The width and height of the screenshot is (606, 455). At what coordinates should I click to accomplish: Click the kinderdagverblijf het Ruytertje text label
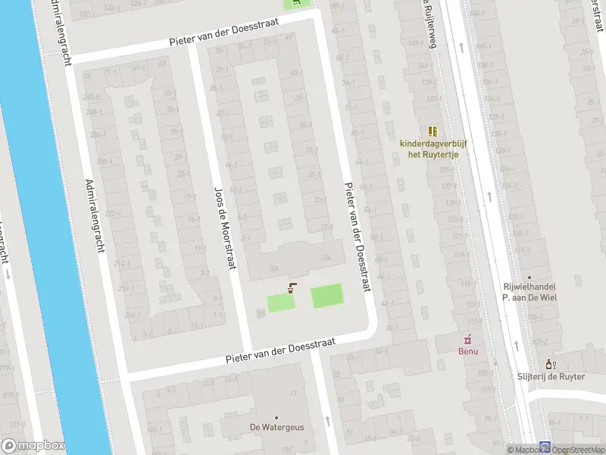click(433, 149)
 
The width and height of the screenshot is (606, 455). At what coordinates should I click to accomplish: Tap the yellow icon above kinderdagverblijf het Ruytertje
click(433, 130)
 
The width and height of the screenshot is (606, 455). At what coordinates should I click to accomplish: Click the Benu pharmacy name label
click(468, 351)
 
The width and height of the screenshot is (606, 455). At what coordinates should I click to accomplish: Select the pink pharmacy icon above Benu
click(468, 337)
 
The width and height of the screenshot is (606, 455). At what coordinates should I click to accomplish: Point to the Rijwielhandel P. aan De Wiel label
click(529, 293)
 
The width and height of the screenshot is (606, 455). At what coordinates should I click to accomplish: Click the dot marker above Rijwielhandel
click(529, 278)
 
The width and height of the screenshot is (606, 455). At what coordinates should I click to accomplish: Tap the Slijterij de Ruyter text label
click(551, 377)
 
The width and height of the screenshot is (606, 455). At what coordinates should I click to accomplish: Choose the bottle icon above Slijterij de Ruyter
click(551, 364)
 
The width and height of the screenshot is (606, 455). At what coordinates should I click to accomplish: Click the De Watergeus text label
click(276, 428)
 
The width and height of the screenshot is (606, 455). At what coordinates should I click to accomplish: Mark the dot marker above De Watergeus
click(276, 417)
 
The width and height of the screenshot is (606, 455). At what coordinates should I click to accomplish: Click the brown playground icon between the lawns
click(292, 287)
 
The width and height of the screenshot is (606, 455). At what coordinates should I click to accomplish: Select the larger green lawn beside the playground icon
click(327, 296)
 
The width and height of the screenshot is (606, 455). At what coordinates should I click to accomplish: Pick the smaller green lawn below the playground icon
click(280, 303)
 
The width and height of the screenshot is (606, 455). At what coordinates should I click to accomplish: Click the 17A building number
click(326, 259)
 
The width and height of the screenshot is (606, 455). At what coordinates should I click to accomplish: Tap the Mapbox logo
click(32, 446)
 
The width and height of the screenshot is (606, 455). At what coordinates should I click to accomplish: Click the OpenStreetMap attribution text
click(579, 450)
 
